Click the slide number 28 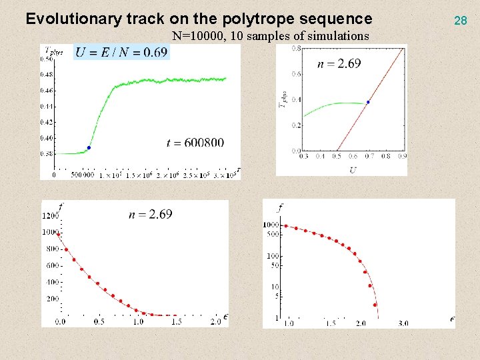(460, 21)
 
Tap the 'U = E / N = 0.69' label (121, 52)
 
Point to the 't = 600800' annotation (195, 142)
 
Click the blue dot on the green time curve (89, 147)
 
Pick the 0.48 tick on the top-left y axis (49, 75)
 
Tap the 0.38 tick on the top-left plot (49, 153)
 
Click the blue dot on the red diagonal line (368, 102)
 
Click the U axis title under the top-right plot (353, 171)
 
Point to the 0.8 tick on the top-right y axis (294, 49)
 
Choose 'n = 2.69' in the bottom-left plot (150, 214)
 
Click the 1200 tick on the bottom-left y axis (51, 216)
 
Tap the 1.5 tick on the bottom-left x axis (176, 322)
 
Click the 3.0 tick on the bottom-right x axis (403, 323)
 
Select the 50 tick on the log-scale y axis (274, 266)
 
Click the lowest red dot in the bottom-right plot (375, 305)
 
